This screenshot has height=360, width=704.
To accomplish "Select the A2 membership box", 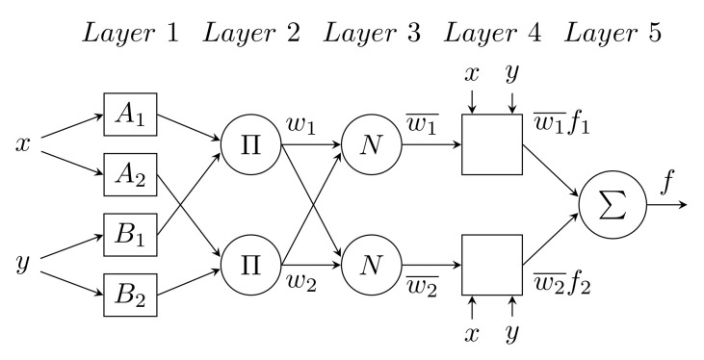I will pos(128,175).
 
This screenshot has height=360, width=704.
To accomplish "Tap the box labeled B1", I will pos(128,235).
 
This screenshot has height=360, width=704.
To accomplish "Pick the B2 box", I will pos(128,295).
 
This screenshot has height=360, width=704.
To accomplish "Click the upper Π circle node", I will pos(251,146).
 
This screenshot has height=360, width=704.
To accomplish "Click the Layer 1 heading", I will pos(133,37).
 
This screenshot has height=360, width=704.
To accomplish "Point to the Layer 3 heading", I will pos(373,37).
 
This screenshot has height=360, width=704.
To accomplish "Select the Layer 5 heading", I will pos(613,37).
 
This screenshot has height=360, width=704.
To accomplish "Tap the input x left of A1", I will pos(23,145).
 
